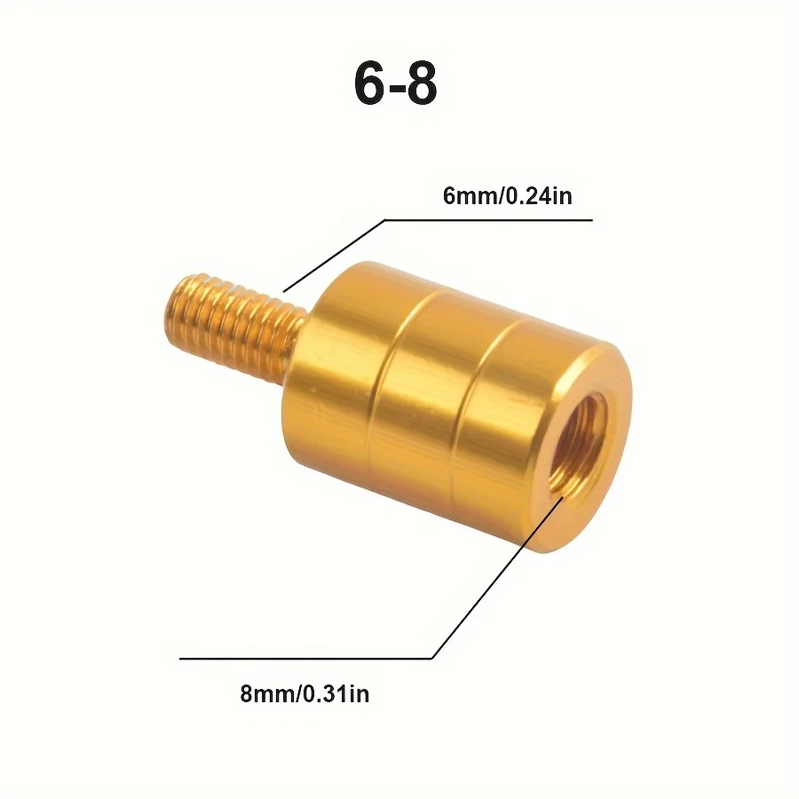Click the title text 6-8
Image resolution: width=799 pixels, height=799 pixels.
coord(396,85)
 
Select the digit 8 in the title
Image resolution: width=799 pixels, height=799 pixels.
coord(420,85)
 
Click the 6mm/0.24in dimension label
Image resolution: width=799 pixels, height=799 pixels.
coord(507,196)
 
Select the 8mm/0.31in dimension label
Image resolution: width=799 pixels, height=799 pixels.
coord(305,693)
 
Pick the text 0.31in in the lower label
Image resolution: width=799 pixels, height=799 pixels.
coord(336,693)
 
